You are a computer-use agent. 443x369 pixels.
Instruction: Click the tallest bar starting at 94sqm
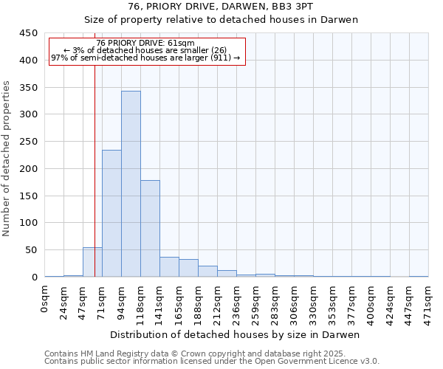point(131,184)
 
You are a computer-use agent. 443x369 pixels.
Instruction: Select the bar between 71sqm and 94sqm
point(111,214)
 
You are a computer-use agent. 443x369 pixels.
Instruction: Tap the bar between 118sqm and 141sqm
point(150,229)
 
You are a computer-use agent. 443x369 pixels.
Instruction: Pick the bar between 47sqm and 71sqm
point(92,263)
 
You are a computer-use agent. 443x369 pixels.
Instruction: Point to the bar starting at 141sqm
point(169,267)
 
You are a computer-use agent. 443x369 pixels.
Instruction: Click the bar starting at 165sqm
point(188,269)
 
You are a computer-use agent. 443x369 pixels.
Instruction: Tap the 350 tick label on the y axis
point(29,87)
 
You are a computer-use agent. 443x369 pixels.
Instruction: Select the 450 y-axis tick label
point(29,33)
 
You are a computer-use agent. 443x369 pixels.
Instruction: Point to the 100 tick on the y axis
point(29,223)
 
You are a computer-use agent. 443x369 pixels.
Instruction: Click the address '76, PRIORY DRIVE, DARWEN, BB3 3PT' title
point(221,6)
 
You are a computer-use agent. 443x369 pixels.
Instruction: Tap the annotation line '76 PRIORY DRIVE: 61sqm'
point(145,44)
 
